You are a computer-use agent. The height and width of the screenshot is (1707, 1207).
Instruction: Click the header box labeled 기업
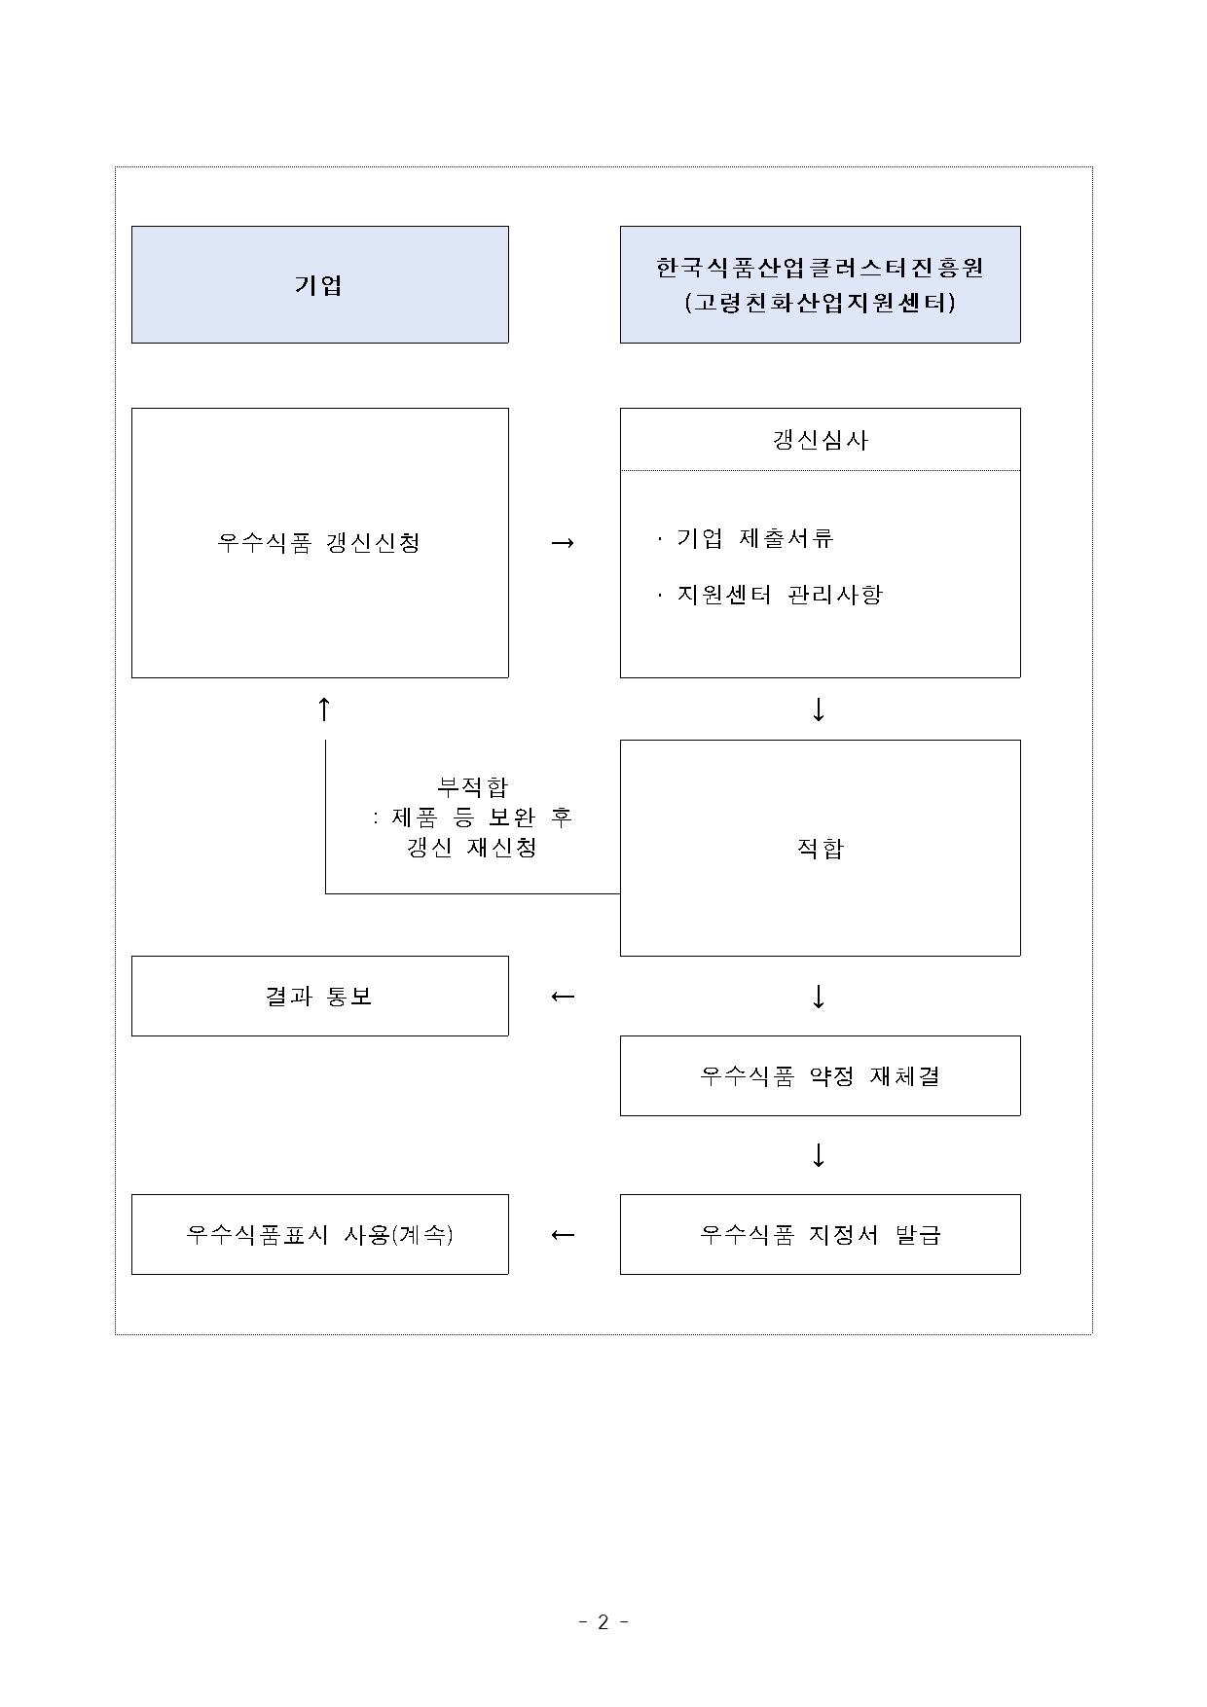pyautogui.click(x=319, y=285)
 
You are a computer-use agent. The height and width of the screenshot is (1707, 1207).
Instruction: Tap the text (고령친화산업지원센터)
pyautogui.click(x=820, y=304)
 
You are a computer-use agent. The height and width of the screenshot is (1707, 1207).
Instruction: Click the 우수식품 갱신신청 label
pyautogui.click(x=319, y=542)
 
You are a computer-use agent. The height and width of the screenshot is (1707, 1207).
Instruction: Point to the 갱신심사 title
pyautogui.click(x=820, y=440)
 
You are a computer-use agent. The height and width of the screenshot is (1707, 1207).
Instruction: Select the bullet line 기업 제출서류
pyautogui.click(x=755, y=538)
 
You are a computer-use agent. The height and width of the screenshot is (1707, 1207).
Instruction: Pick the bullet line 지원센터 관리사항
pyautogui.click(x=780, y=595)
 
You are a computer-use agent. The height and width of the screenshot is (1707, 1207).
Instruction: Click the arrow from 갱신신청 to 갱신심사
pyautogui.click(x=563, y=542)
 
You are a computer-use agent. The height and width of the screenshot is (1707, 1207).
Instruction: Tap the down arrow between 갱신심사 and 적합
pyautogui.click(x=819, y=709)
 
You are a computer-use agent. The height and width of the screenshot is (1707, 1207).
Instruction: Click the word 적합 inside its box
pyautogui.click(x=820, y=849)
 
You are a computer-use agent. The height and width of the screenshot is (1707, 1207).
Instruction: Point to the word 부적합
pyautogui.click(x=472, y=786)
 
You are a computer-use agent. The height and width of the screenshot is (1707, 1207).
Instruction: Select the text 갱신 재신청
pyautogui.click(x=472, y=848)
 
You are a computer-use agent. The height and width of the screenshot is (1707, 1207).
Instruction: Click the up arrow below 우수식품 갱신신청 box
pyautogui.click(x=325, y=709)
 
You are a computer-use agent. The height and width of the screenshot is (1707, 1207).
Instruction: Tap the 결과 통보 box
pyautogui.click(x=319, y=997)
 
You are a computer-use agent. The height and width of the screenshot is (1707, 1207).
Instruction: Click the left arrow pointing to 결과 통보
pyautogui.click(x=563, y=997)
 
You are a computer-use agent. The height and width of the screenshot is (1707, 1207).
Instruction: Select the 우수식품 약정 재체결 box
pyautogui.click(x=820, y=1076)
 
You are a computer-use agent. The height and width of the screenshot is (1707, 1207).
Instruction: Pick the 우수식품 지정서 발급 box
pyautogui.click(x=820, y=1235)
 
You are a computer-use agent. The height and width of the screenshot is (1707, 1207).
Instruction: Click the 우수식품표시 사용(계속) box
pyautogui.click(x=319, y=1235)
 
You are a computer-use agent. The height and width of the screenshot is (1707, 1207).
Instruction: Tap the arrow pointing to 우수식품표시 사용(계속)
pyautogui.click(x=563, y=1235)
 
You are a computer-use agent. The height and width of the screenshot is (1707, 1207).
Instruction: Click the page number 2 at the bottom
pyautogui.click(x=603, y=1622)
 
